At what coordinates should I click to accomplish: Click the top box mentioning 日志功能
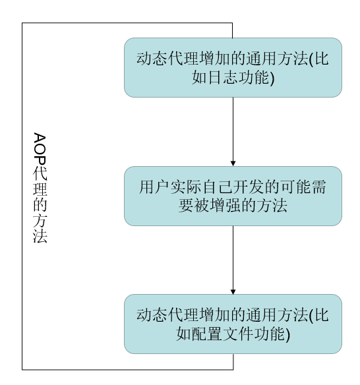(233, 67)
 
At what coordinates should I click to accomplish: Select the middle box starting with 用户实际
(233, 196)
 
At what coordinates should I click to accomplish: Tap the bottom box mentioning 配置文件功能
(233, 324)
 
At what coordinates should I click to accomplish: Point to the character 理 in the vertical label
(40, 187)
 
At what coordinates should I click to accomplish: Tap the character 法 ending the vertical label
(40, 236)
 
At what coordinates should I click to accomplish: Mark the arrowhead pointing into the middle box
(233, 163)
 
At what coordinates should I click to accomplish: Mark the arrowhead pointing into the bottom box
(233, 291)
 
